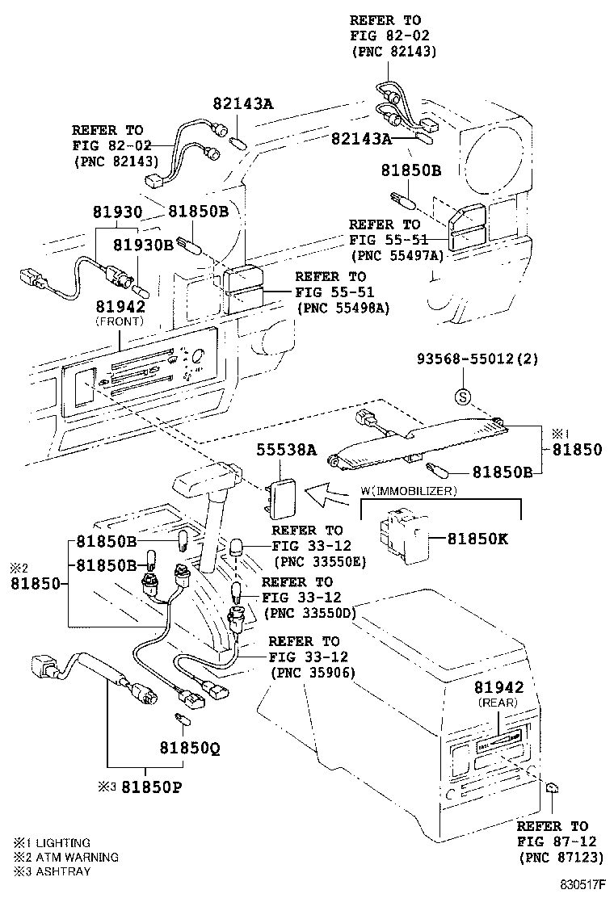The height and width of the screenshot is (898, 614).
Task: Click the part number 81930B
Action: (x=143, y=245)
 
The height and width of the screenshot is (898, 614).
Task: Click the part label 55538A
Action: (x=287, y=451)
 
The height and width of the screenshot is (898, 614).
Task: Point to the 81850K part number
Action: (x=477, y=537)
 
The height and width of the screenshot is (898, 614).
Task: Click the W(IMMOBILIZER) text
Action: (x=409, y=491)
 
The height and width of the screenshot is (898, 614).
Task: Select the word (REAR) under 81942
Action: (x=498, y=702)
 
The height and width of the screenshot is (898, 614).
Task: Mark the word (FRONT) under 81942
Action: (x=120, y=321)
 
